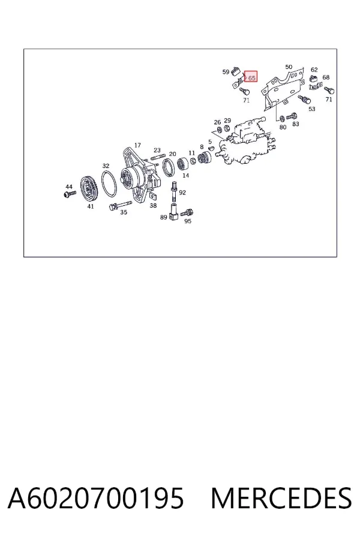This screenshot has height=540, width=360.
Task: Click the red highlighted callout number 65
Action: pyautogui.click(x=252, y=78)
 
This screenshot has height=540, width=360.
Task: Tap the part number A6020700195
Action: pyautogui.click(x=96, y=498)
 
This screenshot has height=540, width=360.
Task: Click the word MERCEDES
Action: pyautogui.click(x=281, y=498)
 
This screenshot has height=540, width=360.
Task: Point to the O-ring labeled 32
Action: pyautogui.click(x=109, y=184)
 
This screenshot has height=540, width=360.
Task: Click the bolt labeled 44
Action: pyautogui.click(x=70, y=194)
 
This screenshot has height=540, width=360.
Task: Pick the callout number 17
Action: pyautogui.click(x=137, y=145)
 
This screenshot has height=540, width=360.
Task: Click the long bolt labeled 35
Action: pyautogui.click(x=120, y=205)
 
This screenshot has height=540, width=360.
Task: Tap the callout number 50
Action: pyautogui.click(x=289, y=67)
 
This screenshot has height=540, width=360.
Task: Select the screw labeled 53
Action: pyautogui.click(x=304, y=99)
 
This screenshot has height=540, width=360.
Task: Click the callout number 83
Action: pyautogui.click(x=296, y=124)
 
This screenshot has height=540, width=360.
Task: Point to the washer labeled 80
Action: pyautogui.click(x=281, y=118)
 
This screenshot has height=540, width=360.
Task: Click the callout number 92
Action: pyautogui.click(x=182, y=193)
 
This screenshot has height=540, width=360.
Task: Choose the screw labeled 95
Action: pyautogui.click(x=187, y=212)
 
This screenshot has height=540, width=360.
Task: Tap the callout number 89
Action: pyautogui.click(x=164, y=217)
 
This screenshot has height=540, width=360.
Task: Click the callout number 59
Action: pyautogui.click(x=226, y=72)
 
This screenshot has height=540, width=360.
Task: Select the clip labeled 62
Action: pyautogui.click(x=314, y=79)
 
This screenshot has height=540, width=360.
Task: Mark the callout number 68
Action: pyautogui.click(x=326, y=77)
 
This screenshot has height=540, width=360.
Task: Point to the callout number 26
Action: pyautogui.click(x=217, y=122)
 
